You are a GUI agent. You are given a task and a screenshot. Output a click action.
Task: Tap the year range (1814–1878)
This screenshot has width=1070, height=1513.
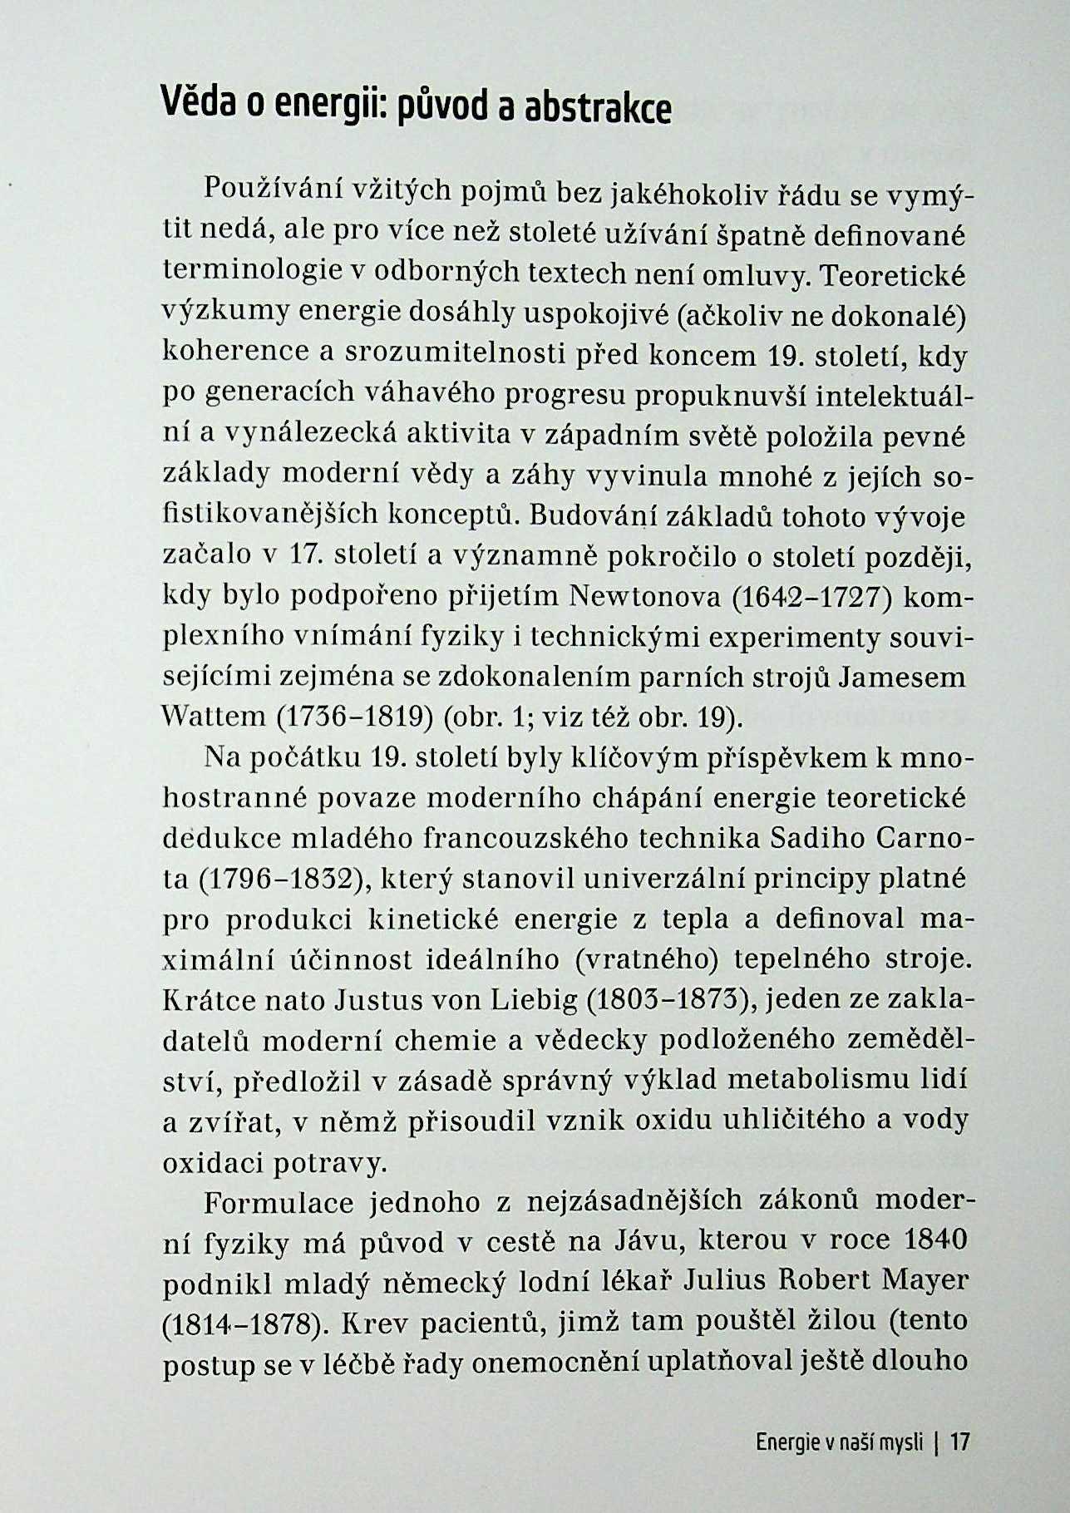[x=243, y=1322]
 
